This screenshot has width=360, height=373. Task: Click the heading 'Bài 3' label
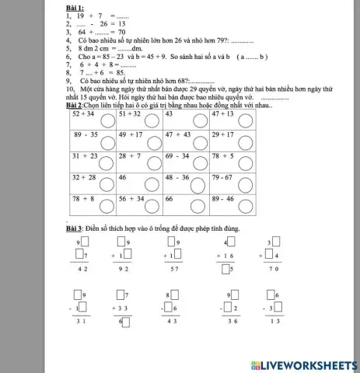(x=75, y=228)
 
